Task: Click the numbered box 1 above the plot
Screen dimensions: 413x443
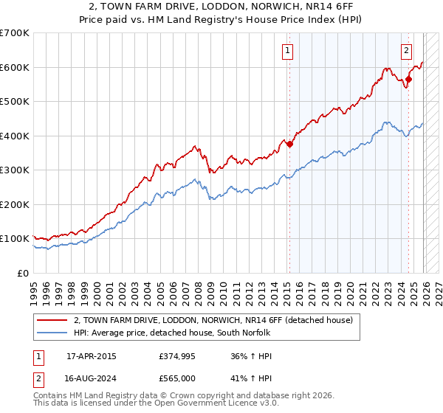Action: coord(286,51)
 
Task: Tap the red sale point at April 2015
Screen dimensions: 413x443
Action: coord(289,145)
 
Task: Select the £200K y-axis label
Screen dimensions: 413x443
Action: coord(15,204)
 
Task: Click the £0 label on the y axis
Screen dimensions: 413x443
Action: coord(22,273)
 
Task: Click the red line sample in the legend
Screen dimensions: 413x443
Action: coord(52,320)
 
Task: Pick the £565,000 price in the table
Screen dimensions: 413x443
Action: coord(176,378)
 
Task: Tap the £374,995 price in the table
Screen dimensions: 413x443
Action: coord(176,356)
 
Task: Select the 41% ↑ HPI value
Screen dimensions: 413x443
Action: coord(252,378)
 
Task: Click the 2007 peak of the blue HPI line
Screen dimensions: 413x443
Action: coord(193,178)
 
